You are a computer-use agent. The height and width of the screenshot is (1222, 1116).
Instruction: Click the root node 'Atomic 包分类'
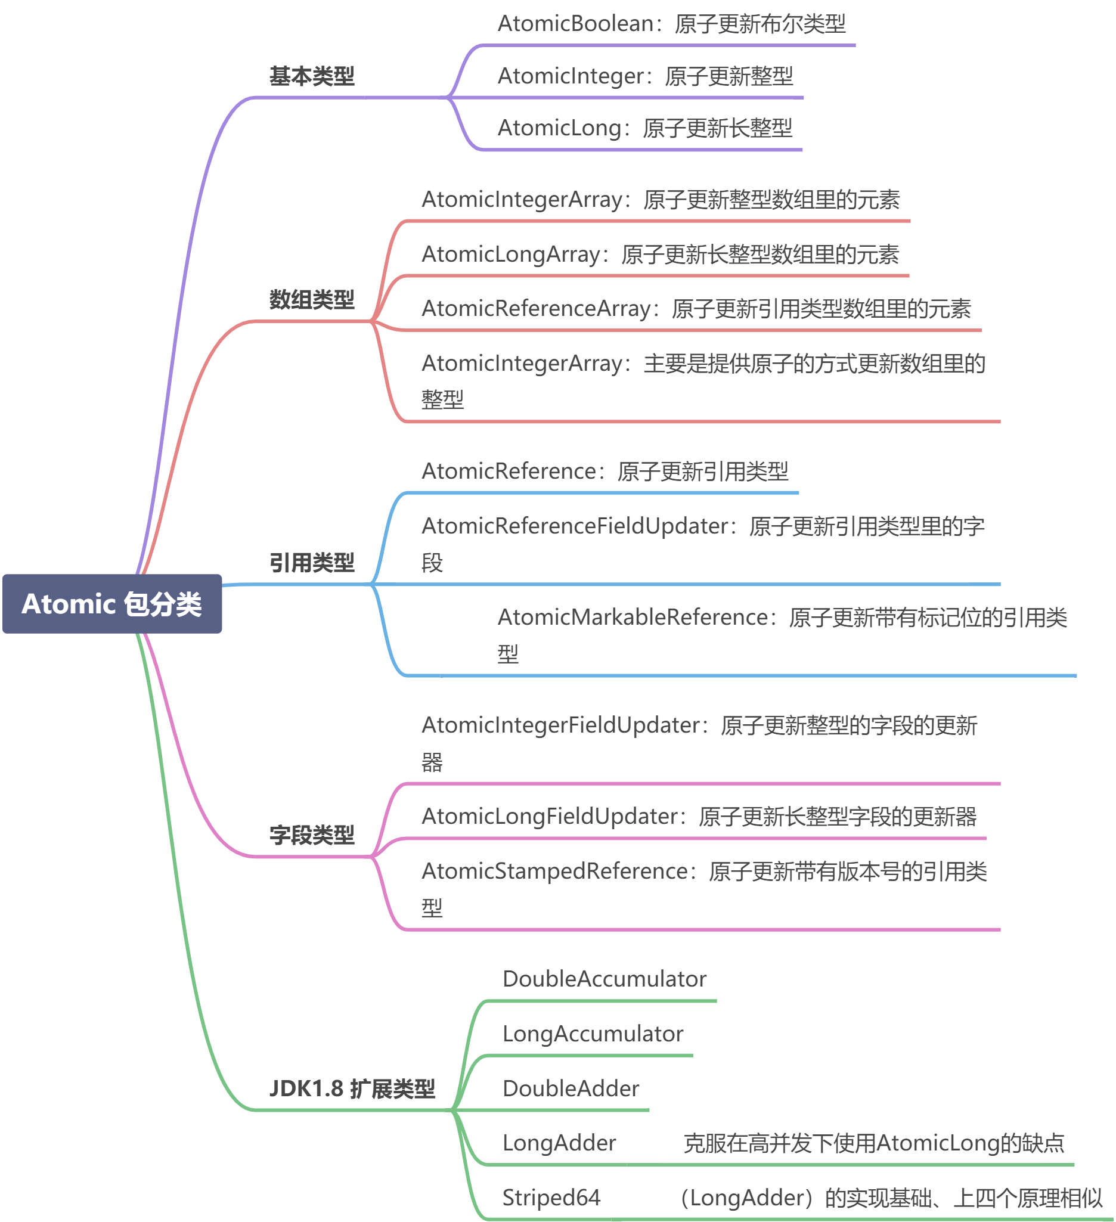pyautogui.click(x=112, y=604)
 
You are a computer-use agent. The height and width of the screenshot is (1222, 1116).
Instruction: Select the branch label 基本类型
pyautogui.click(x=312, y=76)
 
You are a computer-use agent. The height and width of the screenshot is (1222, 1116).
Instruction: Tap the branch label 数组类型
pyautogui.click(x=312, y=299)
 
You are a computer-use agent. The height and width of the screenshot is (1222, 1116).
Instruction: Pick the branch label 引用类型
pyautogui.click(x=312, y=563)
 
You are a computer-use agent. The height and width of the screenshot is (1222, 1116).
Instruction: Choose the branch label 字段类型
pyautogui.click(x=312, y=835)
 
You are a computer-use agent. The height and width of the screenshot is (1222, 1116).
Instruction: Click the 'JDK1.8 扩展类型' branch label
pyautogui.click(x=352, y=1088)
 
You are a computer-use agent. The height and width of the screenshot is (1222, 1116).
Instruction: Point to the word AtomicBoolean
pyautogui.click(x=576, y=24)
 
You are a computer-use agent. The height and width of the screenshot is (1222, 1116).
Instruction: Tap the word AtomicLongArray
pyautogui.click(x=510, y=254)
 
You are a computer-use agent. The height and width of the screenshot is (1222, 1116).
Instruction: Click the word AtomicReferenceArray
pyautogui.click(x=536, y=309)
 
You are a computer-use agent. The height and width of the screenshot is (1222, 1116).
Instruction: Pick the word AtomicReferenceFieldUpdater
pyautogui.click(x=575, y=526)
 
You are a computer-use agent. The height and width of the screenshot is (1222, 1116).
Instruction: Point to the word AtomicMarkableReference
pyautogui.click(x=633, y=617)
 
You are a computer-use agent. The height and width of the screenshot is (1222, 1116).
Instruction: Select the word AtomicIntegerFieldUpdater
pyautogui.click(x=561, y=725)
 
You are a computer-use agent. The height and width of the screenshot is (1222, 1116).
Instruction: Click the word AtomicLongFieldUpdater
pyautogui.click(x=550, y=816)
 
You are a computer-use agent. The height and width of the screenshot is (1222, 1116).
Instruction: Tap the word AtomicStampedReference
pyautogui.click(x=554, y=871)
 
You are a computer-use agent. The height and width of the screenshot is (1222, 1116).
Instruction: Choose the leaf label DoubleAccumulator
pyautogui.click(x=604, y=979)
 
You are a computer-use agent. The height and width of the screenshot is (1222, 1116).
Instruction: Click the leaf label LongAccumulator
pyautogui.click(x=592, y=1034)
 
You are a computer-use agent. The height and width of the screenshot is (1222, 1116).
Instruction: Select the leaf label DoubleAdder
pyautogui.click(x=571, y=1088)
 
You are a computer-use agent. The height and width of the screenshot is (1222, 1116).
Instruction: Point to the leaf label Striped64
pyautogui.click(x=551, y=1197)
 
